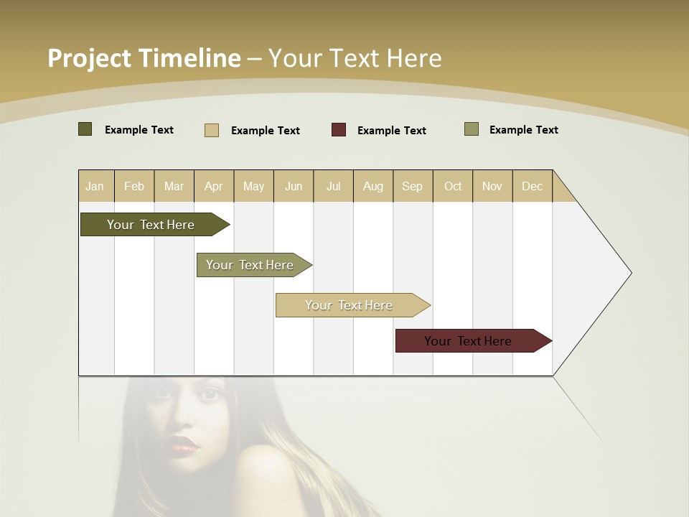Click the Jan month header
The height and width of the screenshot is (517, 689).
(x=95, y=186)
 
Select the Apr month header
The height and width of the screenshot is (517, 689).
(x=213, y=186)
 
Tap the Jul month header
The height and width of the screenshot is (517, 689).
(x=333, y=186)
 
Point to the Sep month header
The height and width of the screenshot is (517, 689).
(x=412, y=186)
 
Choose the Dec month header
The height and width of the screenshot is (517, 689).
(x=532, y=186)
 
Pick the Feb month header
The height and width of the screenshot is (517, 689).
(x=134, y=186)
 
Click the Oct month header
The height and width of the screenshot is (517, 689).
(x=453, y=186)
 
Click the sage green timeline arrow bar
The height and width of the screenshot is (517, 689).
(x=251, y=265)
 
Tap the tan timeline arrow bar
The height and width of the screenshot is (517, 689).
(x=350, y=305)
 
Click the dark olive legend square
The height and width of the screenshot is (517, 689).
(x=85, y=129)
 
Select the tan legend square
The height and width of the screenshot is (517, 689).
(x=212, y=130)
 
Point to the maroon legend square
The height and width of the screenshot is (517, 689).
(x=339, y=130)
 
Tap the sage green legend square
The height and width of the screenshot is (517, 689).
(x=472, y=129)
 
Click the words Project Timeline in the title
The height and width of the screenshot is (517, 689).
(x=144, y=58)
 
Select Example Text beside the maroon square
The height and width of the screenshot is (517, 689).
(x=391, y=131)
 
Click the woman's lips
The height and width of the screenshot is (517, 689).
(x=184, y=446)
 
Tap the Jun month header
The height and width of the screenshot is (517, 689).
(x=294, y=186)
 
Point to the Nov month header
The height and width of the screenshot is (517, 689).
(x=492, y=186)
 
